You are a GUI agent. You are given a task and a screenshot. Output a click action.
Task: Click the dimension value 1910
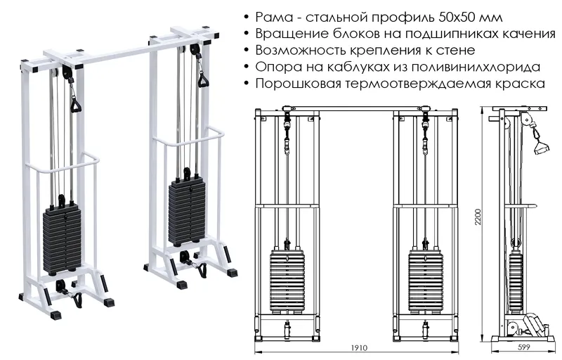(x=359, y=348)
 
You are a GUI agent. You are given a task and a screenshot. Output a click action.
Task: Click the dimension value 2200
(x=478, y=217)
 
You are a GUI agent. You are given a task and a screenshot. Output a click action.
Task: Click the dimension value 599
(x=523, y=347)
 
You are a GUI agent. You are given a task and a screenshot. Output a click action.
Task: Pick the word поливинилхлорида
(x=483, y=67)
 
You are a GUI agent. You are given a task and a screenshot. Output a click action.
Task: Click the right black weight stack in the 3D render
(x=187, y=212)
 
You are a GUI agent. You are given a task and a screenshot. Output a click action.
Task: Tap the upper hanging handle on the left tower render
(x=75, y=105)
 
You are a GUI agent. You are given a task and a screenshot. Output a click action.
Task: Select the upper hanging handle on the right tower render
(x=204, y=79)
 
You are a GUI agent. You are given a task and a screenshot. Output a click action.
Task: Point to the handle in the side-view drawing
(x=541, y=147)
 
